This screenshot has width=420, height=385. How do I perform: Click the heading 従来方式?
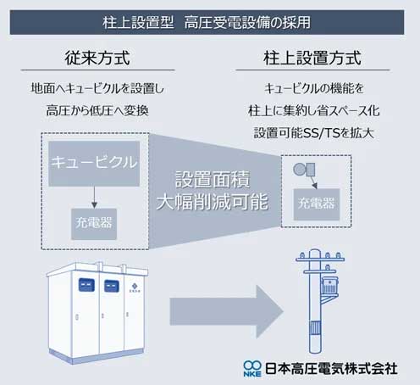click(97, 58)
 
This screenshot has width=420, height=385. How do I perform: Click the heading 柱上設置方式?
click(312, 58)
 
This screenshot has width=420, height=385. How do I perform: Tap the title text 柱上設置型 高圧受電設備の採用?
click(207, 22)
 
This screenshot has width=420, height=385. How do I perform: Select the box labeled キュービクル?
click(94, 164)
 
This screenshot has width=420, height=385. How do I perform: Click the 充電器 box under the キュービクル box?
click(94, 224)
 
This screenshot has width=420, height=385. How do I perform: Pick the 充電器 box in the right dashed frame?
click(317, 204)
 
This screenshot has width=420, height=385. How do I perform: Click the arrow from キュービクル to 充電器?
click(94, 198)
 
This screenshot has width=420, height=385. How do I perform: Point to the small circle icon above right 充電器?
click(300, 170)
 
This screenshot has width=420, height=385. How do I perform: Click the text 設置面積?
click(213, 179)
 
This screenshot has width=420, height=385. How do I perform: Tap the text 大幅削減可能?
click(213, 202)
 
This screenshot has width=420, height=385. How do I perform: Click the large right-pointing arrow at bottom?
click(226, 311)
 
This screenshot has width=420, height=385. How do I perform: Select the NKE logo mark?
click(252, 369)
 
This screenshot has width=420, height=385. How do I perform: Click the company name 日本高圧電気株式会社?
click(331, 369)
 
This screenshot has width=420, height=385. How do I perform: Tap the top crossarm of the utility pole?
click(320, 259)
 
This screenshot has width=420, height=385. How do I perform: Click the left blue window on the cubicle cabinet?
click(86, 285)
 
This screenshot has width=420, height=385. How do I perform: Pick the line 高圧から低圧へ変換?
click(97, 110)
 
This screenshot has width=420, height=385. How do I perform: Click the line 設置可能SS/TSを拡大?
click(313, 133)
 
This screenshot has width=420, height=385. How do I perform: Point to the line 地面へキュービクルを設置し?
click(97, 88)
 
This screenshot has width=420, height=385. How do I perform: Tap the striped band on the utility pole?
click(316, 328)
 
